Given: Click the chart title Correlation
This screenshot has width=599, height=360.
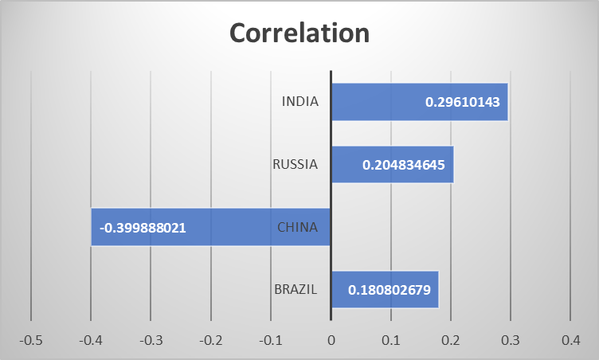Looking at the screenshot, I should tap(299, 33).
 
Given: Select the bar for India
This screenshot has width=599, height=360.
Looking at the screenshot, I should tap(374, 102).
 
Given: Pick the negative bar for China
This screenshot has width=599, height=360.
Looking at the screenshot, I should tap(239, 227).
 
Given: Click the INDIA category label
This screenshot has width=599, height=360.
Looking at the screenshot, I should tap(299, 102).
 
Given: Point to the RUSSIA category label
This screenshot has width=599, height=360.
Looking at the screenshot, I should tap(295, 165).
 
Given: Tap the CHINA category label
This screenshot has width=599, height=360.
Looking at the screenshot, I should tap(297, 227).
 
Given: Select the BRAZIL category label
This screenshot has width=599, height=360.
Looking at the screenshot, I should tap(296, 290).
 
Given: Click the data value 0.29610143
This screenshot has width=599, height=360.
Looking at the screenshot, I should tap(462, 102).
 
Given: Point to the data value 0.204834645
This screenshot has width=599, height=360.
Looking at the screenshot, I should tap(407, 165).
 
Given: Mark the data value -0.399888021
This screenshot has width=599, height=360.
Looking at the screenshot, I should tap(143, 227).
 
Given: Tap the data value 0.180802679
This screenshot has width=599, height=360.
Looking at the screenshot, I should tap(390, 290).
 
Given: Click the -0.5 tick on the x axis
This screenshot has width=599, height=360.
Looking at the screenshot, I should tap(31, 340).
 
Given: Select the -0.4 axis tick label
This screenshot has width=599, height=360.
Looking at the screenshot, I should tap(91, 340).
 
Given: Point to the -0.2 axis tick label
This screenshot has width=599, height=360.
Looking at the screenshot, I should tap(210, 340).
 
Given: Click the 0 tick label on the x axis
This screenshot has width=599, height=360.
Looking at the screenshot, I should tap(331, 340).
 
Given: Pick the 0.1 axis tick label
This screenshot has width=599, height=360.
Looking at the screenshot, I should tap(390, 340).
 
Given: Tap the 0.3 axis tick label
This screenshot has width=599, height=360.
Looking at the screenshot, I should tap(511, 340).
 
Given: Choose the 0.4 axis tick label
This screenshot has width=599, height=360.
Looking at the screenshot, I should tap(570, 340).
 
